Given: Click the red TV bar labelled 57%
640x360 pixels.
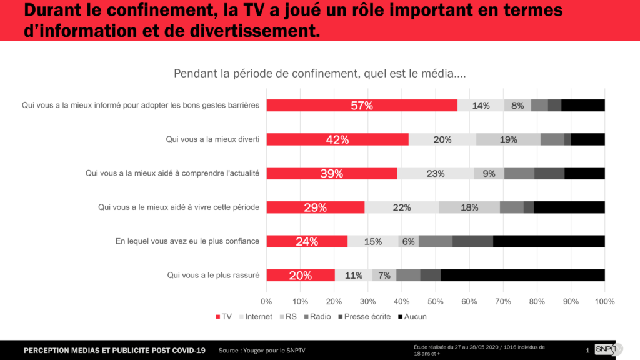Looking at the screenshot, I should coord(362,106).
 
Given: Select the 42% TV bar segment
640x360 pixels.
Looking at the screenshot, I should coord(337,139).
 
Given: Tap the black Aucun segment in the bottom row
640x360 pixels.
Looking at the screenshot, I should coord(522,275).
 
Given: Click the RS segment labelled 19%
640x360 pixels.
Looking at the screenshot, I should coord(508,139).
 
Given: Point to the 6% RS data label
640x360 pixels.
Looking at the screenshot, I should coord(409,241).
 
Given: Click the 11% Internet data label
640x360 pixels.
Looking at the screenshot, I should coord(354,275).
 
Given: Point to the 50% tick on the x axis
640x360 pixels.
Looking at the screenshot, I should coord(436,301).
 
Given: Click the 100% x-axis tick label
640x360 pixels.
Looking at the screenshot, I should coord(604,301).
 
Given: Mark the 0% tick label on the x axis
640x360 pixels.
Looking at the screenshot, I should coord(267,301).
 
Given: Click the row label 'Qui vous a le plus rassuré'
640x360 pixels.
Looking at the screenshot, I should coord(213,275).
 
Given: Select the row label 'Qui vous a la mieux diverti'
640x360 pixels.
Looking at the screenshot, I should coord(212,139).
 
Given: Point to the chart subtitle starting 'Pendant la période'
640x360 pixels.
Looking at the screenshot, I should coord(319,73).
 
